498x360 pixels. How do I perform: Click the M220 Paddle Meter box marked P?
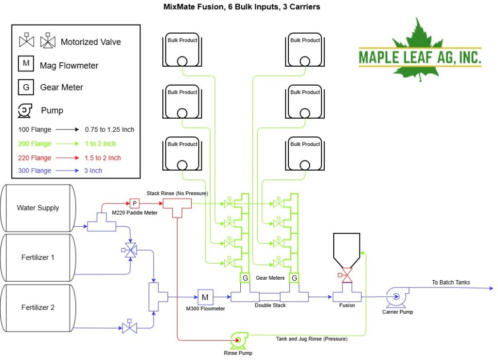(x=135, y=203)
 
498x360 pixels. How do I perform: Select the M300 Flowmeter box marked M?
(x=205, y=297)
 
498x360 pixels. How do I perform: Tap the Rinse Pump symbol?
(x=239, y=341)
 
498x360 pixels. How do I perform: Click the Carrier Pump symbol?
(x=397, y=297)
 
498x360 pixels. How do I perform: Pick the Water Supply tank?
(x=38, y=208)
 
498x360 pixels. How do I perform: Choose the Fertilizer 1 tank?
(x=38, y=257)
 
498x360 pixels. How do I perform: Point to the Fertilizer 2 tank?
(x=38, y=307)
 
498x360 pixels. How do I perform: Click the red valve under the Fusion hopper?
(x=346, y=275)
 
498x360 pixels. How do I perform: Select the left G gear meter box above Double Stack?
(x=245, y=278)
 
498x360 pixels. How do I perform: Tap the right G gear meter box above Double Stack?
(x=294, y=278)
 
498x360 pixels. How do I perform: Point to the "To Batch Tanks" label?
(x=451, y=282)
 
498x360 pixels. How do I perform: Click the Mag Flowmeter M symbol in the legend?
(x=26, y=63)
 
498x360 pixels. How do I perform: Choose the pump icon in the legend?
(x=25, y=110)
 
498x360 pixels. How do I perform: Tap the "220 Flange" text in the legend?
(x=35, y=158)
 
